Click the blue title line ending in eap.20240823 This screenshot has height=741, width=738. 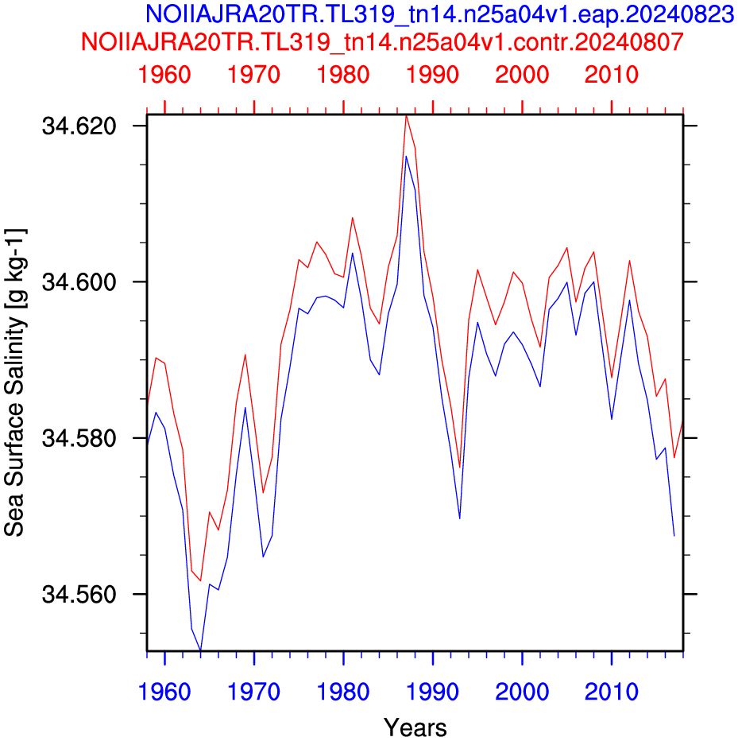pos(439,14)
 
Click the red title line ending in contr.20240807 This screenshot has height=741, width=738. pos(382,41)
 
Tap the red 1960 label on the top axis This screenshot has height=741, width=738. pos(164,75)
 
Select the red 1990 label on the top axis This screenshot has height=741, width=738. pos(432,75)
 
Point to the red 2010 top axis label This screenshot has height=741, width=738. pos(612,75)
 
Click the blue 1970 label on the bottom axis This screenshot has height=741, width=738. pos(254,692)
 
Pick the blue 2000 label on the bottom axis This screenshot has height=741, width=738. pos(522,692)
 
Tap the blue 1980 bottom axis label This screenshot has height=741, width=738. pos(343,692)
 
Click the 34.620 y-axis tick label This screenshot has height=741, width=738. pos(79,126)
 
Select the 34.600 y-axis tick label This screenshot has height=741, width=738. pos(79,282)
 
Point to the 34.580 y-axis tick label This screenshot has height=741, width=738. pos(79,438)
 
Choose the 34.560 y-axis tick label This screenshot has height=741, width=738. pos(79,594)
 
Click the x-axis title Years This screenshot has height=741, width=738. pos(415,727)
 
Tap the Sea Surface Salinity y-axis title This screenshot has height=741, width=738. pos(15,382)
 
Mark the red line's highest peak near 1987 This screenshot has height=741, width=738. pos(406,116)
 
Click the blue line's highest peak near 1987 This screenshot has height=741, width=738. pos(406,156)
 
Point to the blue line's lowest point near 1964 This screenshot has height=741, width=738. pos(201,650)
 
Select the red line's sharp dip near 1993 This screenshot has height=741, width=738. pos(459,467)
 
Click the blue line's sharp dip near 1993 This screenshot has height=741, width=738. pos(459,519)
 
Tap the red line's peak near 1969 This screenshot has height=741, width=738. pos(245,355)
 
